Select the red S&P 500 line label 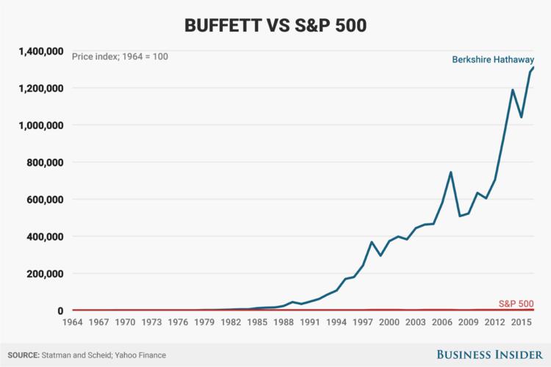[x=516, y=303]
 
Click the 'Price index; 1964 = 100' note [x=119, y=56]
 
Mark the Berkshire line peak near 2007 [x=450, y=172]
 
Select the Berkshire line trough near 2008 [x=459, y=216]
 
